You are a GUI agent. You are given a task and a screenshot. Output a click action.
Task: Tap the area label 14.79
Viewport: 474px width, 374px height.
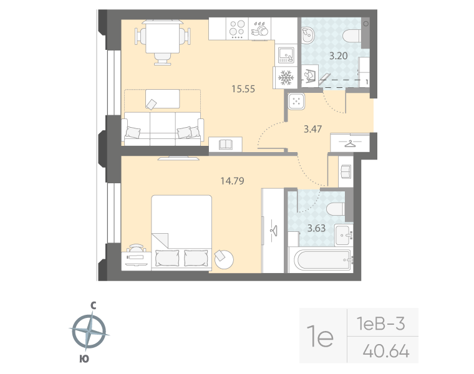[x=231, y=181]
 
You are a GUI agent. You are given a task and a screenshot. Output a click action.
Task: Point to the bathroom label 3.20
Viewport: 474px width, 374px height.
[x=338, y=55]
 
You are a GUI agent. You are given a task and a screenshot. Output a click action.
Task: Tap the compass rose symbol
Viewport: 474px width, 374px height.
[x=91, y=331]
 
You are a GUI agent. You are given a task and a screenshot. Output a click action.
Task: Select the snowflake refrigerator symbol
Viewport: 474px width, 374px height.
[x=286, y=78]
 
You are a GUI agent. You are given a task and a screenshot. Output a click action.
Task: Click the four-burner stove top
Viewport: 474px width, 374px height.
[x=237, y=29]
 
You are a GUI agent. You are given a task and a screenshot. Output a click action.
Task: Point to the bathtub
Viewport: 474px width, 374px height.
[x=320, y=259]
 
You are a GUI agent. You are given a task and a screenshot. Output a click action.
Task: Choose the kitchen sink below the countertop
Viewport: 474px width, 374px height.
[x=286, y=55]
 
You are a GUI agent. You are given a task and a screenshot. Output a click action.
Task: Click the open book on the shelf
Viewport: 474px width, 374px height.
[x=226, y=145]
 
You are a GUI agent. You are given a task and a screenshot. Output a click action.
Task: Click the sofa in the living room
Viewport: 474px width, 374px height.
[x=163, y=127]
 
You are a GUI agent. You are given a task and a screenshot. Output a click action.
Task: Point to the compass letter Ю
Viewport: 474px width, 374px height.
[x=83, y=358]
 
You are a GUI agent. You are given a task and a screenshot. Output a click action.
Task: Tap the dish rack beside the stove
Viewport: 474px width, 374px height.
[x=259, y=28]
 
